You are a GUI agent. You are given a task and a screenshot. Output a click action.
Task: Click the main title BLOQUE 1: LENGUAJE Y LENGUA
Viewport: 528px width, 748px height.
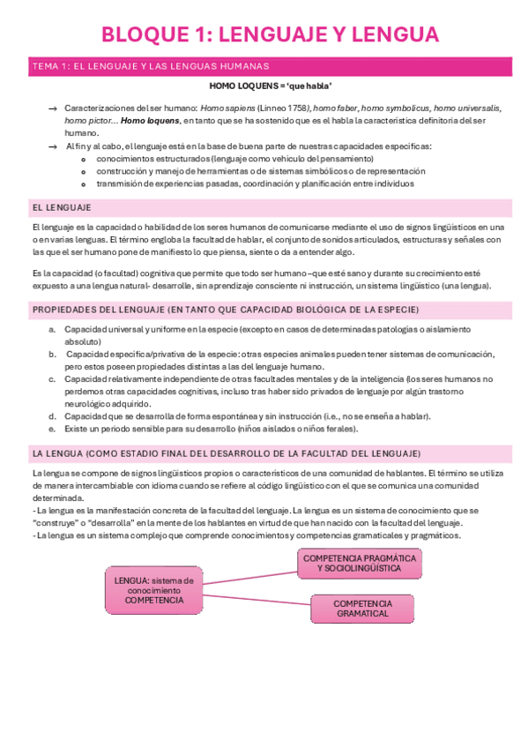click(x=270, y=34)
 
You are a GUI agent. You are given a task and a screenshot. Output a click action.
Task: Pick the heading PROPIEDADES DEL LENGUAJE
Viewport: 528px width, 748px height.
click(x=225, y=310)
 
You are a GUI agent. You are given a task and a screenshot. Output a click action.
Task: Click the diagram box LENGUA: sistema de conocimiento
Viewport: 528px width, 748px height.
click(x=154, y=590)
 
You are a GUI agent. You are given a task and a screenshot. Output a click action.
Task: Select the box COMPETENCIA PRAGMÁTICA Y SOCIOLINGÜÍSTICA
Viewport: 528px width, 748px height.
click(x=360, y=564)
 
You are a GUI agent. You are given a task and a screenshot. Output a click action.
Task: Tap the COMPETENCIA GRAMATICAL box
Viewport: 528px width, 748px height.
click(x=362, y=608)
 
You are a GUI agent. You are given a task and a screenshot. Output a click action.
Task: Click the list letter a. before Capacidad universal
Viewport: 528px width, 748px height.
click(x=53, y=329)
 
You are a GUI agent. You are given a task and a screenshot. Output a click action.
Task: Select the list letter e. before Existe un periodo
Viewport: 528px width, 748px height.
click(x=53, y=429)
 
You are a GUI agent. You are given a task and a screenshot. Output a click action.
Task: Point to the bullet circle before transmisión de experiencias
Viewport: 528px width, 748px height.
click(x=83, y=183)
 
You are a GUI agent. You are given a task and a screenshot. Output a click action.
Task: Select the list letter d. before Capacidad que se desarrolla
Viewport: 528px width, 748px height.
click(x=53, y=416)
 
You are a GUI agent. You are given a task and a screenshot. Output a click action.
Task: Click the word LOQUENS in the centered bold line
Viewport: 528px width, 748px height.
click(x=253, y=86)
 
